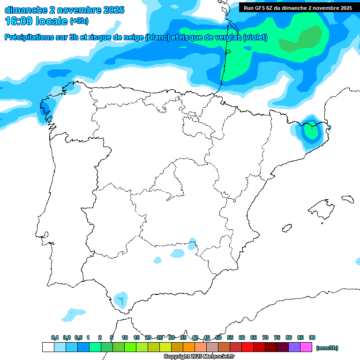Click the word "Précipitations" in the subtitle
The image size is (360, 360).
(29, 37)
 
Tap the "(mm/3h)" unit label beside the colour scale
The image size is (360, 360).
(327, 348)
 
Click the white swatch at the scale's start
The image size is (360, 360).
(48, 347)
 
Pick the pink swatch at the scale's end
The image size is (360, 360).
(306, 347)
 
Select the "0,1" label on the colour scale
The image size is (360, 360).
(55, 337)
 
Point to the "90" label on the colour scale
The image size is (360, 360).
(312, 337)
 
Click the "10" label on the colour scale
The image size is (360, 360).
(125, 337)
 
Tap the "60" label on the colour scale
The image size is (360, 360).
(242, 337)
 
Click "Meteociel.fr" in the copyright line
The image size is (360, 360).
(218, 357)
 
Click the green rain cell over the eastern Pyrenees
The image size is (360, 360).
(310, 131)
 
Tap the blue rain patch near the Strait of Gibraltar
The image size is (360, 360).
(120, 299)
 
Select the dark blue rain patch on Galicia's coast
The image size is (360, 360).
(45, 110)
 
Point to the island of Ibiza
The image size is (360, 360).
(286, 228)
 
